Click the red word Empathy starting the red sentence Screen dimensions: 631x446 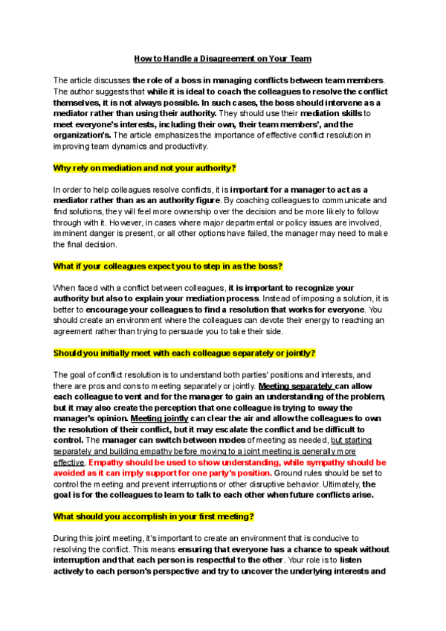pos(106,462)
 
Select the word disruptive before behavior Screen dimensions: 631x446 pos(277,484)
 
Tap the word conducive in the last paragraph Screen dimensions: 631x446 pos(329,538)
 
